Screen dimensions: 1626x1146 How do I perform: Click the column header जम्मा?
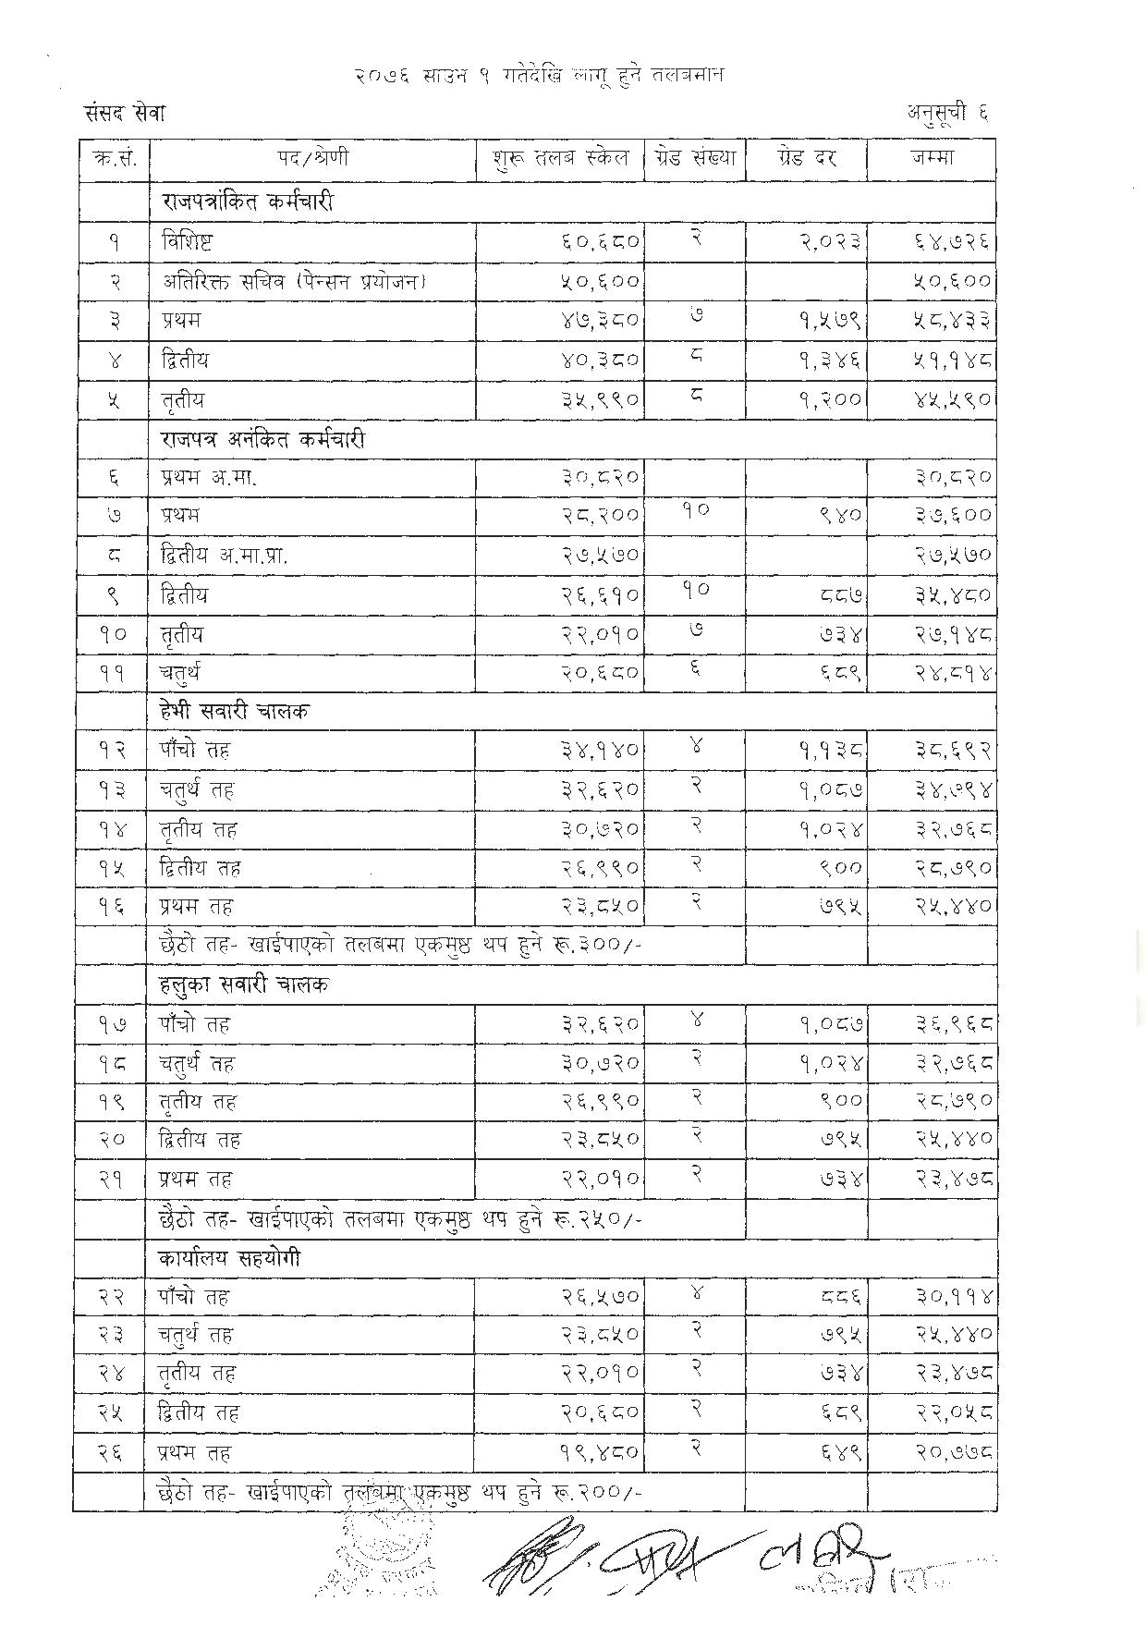click(931, 158)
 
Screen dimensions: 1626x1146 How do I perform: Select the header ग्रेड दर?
click(806, 158)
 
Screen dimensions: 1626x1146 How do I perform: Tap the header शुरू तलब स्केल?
click(560, 158)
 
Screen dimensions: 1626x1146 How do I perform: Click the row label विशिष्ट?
click(188, 242)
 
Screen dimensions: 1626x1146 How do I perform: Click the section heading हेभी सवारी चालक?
click(235, 711)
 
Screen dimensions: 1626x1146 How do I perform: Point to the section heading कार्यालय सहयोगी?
click(230, 1259)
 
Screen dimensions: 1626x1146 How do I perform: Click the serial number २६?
click(112, 1452)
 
